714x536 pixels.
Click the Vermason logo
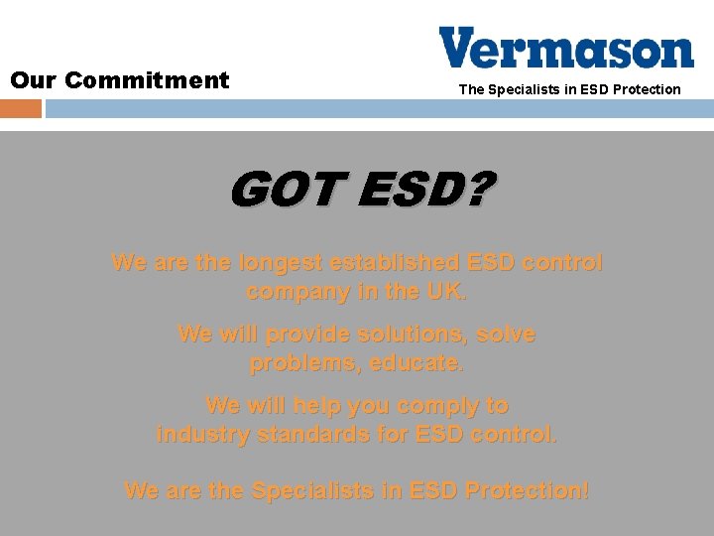coord(566,48)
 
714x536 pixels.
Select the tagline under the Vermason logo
coord(569,89)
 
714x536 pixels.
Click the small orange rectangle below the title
coord(21,107)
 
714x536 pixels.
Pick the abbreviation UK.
coord(443,292)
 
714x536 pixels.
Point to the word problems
coord(305,363)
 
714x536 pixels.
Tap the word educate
coord(416,363)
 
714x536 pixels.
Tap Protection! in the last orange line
coord(527,490)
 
